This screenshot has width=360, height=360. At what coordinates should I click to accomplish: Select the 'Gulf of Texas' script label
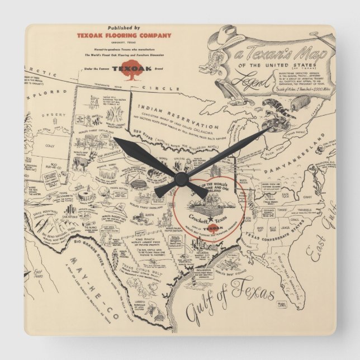click(x=229, y=302)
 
